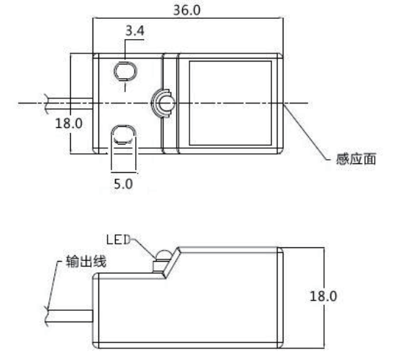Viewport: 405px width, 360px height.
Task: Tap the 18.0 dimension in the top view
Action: click(x=69, y=122)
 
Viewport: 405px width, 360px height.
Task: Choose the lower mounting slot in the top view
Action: click(x=124, y=135)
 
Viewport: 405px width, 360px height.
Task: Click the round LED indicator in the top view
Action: click(x=161, y=103)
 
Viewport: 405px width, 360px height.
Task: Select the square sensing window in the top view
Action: click(x=229, y=103)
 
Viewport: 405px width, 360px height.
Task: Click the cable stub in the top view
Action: click(x=69, y=103)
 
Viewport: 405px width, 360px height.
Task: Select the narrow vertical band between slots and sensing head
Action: click(x=170, y=103)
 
